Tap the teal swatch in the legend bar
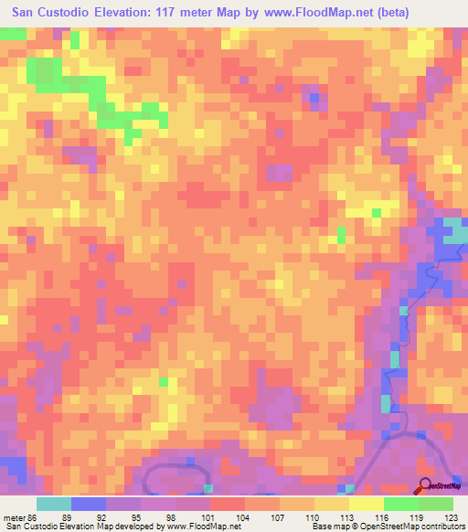[x=54, y=504]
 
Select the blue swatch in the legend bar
[x=89, y=504]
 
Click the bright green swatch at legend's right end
[x=436, y=504]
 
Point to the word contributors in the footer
[x=442, y=526]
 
